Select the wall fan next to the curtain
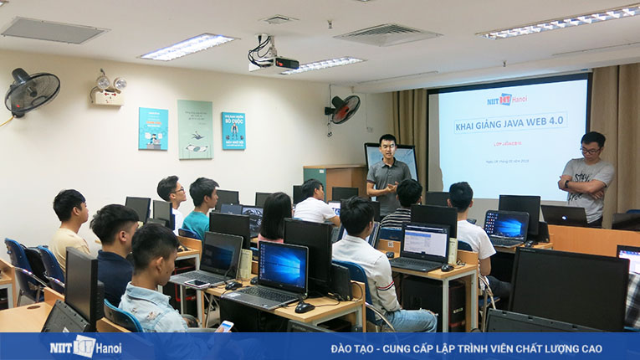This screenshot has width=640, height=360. [x=344, y=109]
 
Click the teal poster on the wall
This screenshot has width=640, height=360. [x=153, y=128]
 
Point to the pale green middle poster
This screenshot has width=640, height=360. [x=195, y=129]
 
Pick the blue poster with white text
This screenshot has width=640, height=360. [x=233, y=131]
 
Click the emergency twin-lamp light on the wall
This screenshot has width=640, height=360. [x=110, y=87]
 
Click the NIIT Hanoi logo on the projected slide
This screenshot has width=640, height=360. [x=509, y=100]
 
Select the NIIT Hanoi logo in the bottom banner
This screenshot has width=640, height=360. [x=84, y=346]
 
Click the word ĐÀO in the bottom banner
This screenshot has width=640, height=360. [x=344, y=347]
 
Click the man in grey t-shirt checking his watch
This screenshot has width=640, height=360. [x=586, y=177]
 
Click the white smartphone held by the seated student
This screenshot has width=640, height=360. [x=226, y=325]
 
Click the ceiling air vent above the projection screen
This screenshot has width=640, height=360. [x=387, y=34]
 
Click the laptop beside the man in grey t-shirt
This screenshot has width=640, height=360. [x=565, y=215]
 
